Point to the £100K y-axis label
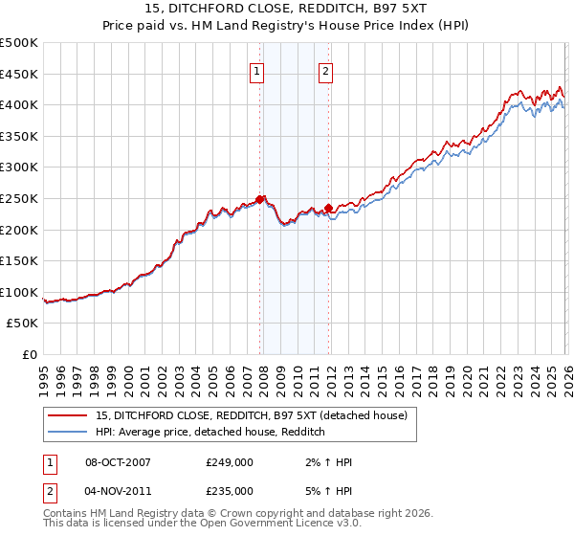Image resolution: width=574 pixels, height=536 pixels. pos(19,292)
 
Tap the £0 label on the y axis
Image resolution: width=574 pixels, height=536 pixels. pos(31,354)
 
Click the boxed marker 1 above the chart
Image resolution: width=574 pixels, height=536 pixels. pos(258,70)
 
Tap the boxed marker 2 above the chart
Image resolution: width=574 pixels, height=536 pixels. pos(325,70)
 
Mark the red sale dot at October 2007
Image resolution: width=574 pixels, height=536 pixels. pos(259,199)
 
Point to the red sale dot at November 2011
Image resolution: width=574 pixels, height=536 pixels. pos(328,208)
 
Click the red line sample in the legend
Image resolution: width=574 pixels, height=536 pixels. pos(68,415)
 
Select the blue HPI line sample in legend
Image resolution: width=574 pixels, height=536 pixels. pos(68,433)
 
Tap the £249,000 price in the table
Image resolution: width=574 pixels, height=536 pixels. pos(230,462)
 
